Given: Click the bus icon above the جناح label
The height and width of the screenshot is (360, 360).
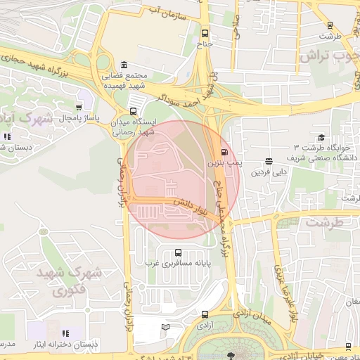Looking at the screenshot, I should coord(205,33).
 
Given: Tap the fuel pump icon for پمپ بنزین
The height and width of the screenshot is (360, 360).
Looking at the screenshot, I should coord(224,152).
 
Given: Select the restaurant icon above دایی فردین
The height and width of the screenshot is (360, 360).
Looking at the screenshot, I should coord(269,162).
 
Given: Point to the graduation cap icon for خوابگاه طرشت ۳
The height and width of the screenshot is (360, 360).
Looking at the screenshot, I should coord(321,138).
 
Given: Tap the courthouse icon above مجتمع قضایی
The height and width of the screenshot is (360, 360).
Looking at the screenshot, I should coord(124,64).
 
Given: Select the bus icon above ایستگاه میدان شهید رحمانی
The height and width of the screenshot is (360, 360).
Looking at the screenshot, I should coord(134,111).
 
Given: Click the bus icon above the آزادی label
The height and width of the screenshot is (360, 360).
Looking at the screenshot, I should coord(205,314).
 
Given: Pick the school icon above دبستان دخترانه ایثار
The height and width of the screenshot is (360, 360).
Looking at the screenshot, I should coord(65,333).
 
